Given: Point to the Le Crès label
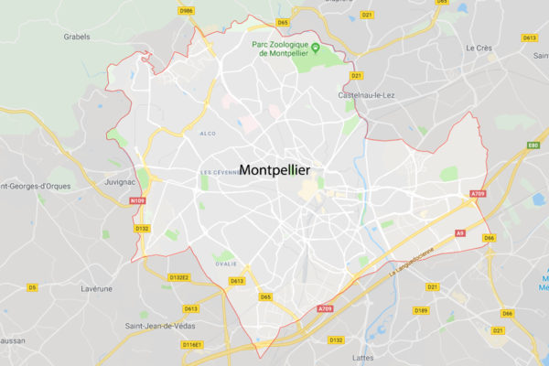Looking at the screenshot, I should tap(479, 48).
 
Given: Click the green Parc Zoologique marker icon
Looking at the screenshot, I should tap(315, 48).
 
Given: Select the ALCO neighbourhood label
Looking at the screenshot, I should tap(208, 134).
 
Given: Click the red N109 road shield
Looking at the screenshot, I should tap(138, 200).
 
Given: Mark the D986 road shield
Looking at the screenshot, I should tap(187, 10).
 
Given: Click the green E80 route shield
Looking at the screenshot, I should tap(533, 145).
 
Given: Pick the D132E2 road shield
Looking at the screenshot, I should tap(178, 276).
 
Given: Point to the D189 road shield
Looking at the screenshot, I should tap(421, 310).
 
